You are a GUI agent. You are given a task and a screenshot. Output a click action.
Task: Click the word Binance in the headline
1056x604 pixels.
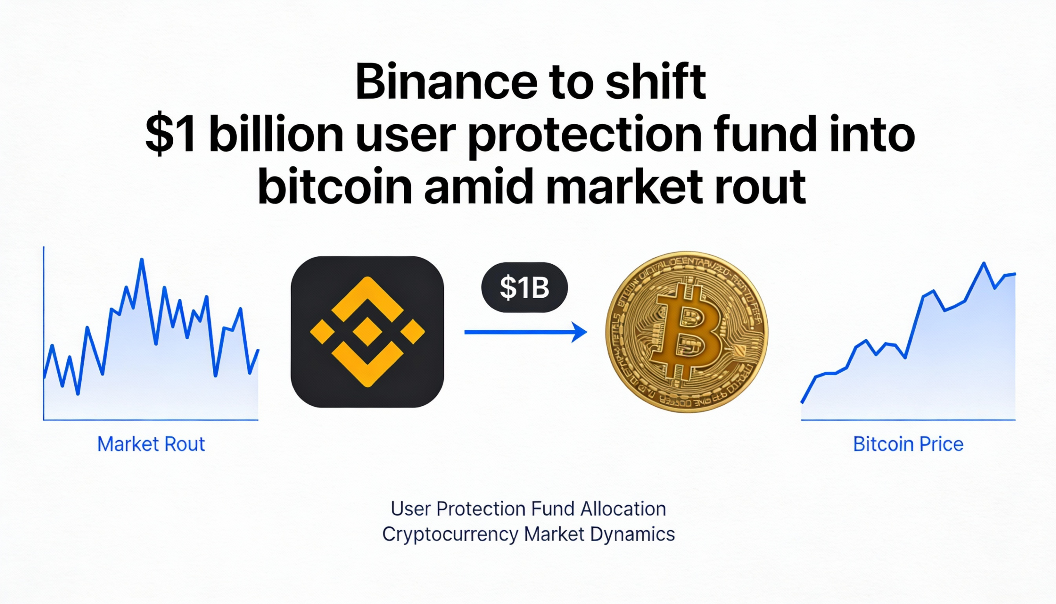(x=446, y=82)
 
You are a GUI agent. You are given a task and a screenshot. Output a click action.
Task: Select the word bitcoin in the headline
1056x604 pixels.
(x=335, y=187)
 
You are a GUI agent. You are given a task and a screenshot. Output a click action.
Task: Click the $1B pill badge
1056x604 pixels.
(x=524, y=287)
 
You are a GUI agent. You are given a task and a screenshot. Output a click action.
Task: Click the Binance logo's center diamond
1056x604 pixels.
(x=367, y=332)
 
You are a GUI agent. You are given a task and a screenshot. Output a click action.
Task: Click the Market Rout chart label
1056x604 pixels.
(x=151, y=444)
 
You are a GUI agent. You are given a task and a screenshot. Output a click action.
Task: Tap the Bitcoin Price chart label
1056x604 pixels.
(x=908, y=444)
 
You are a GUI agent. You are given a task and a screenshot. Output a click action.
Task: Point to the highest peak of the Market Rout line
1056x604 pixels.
(x=142, y=260)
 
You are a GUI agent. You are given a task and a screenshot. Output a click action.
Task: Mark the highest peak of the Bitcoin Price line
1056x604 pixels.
(x=983, y=263)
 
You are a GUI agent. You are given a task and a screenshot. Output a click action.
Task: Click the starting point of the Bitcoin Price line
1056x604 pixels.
(x=802, y=402)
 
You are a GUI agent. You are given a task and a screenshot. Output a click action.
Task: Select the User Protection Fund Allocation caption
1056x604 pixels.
(x=528, y=509)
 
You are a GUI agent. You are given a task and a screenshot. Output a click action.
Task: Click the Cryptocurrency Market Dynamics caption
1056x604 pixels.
(x=528, y=534)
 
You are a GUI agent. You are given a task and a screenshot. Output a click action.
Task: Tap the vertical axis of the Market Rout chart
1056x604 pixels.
(x=43, y=332)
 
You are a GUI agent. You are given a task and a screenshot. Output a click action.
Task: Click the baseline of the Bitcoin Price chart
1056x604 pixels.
(x=907, y=420)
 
